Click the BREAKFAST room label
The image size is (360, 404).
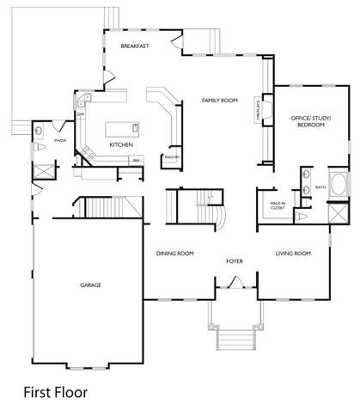(x=135, y=46)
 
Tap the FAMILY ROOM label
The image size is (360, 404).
(x=219, y=101)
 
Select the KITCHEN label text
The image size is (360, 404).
(x=121, y=145)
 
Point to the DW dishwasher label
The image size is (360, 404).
(x=80, y=114)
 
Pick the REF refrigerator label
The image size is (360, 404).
(x=136, y=160)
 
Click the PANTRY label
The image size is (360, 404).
(x=172, y=158)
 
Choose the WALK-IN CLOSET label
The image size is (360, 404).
(x=277, y=205)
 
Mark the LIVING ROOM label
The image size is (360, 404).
(x=292, y=254)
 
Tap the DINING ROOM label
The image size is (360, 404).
(x=174, y=254)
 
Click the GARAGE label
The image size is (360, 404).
(x=92, y=285)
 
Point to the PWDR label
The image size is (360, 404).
(x=60, y=139)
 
